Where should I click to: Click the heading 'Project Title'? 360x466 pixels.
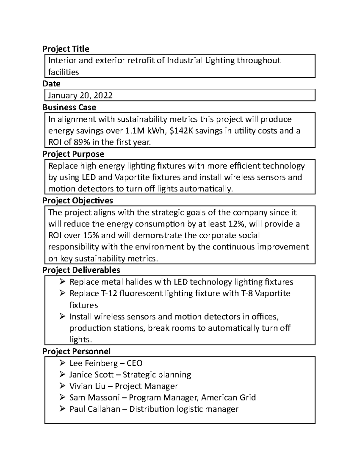click(66, 49)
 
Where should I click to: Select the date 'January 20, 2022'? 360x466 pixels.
click(80, 95)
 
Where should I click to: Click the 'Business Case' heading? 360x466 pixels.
click(69, 107)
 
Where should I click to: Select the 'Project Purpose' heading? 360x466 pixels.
click(73, 154)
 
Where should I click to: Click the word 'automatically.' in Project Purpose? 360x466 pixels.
click(206, 189)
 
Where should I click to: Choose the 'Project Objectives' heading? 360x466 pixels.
click(78, 200)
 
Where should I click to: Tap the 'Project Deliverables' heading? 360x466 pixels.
click(81, 270)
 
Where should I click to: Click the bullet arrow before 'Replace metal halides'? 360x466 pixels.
click(62, 281)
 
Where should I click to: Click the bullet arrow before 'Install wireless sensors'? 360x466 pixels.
click(62, 316)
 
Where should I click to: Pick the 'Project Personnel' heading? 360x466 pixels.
click(76, 351)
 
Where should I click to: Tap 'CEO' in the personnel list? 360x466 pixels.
click(134, 363)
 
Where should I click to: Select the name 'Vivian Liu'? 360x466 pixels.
click(87, 386)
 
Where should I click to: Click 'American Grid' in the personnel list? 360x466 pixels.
click(228, 398)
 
